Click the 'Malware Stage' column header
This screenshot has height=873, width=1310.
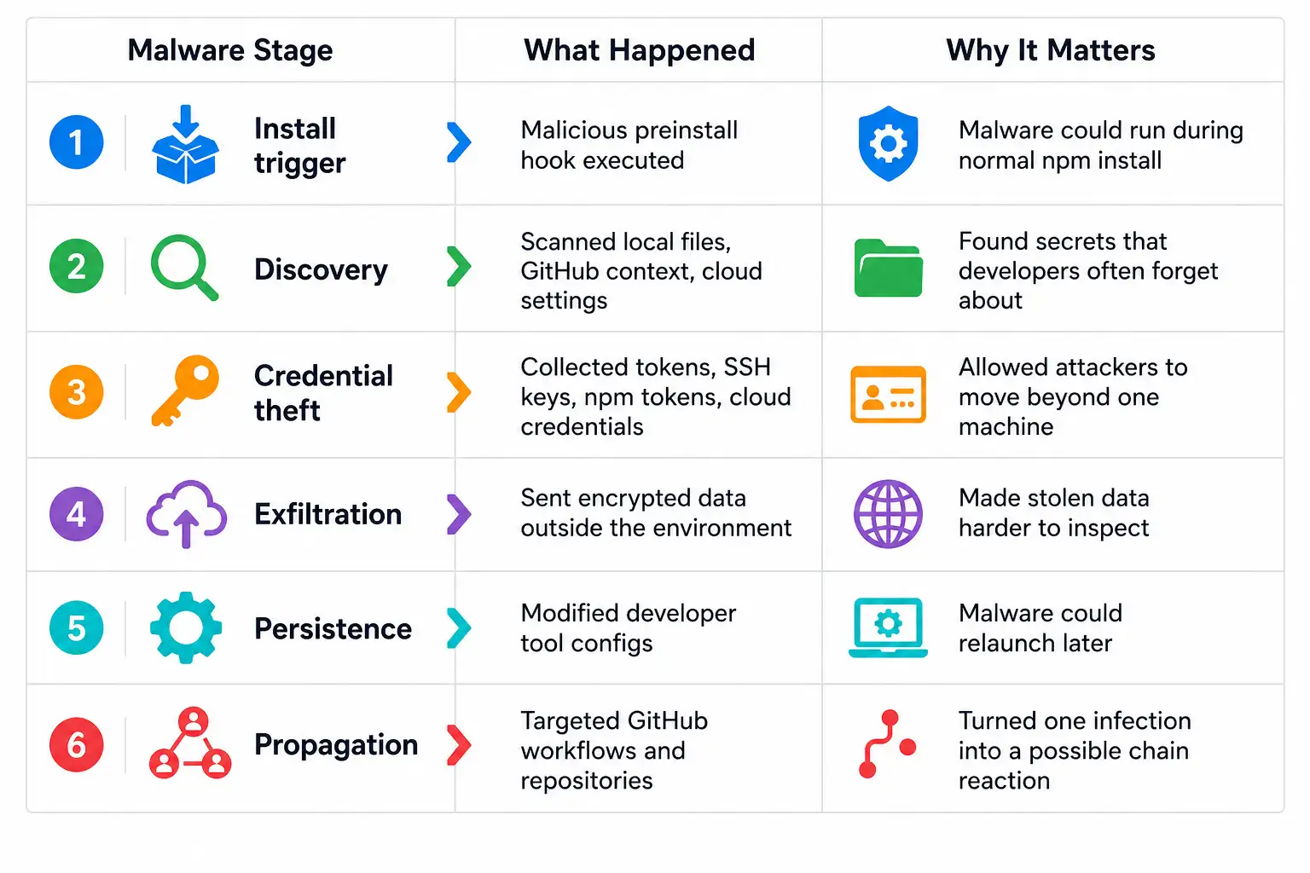[229, 50]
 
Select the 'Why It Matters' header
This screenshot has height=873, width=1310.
[1051, 50]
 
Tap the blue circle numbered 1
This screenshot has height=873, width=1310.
[77, 142]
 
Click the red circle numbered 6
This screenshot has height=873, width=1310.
[77, 745]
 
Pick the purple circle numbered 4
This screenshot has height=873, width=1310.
[77, 514]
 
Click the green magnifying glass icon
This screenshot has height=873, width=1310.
[185, 268]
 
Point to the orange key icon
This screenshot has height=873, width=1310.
[185, 390]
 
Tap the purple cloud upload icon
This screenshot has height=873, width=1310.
[187, 514]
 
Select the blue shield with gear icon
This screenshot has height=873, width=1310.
[889, 144]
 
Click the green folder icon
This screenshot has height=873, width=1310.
[889, 268]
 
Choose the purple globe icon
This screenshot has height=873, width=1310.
[889, 514]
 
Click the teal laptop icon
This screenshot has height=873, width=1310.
[889, 627]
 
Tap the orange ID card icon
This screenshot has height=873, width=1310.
[889, 394]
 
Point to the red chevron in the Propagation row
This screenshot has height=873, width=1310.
[459, 745]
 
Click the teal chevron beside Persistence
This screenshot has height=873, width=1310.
[459, 628]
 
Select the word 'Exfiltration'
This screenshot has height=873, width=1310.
[328, 514]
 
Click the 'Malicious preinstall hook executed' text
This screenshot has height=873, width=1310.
[629, 145]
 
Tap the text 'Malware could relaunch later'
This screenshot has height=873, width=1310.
[1040, 628]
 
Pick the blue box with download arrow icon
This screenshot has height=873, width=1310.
[185, 144]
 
